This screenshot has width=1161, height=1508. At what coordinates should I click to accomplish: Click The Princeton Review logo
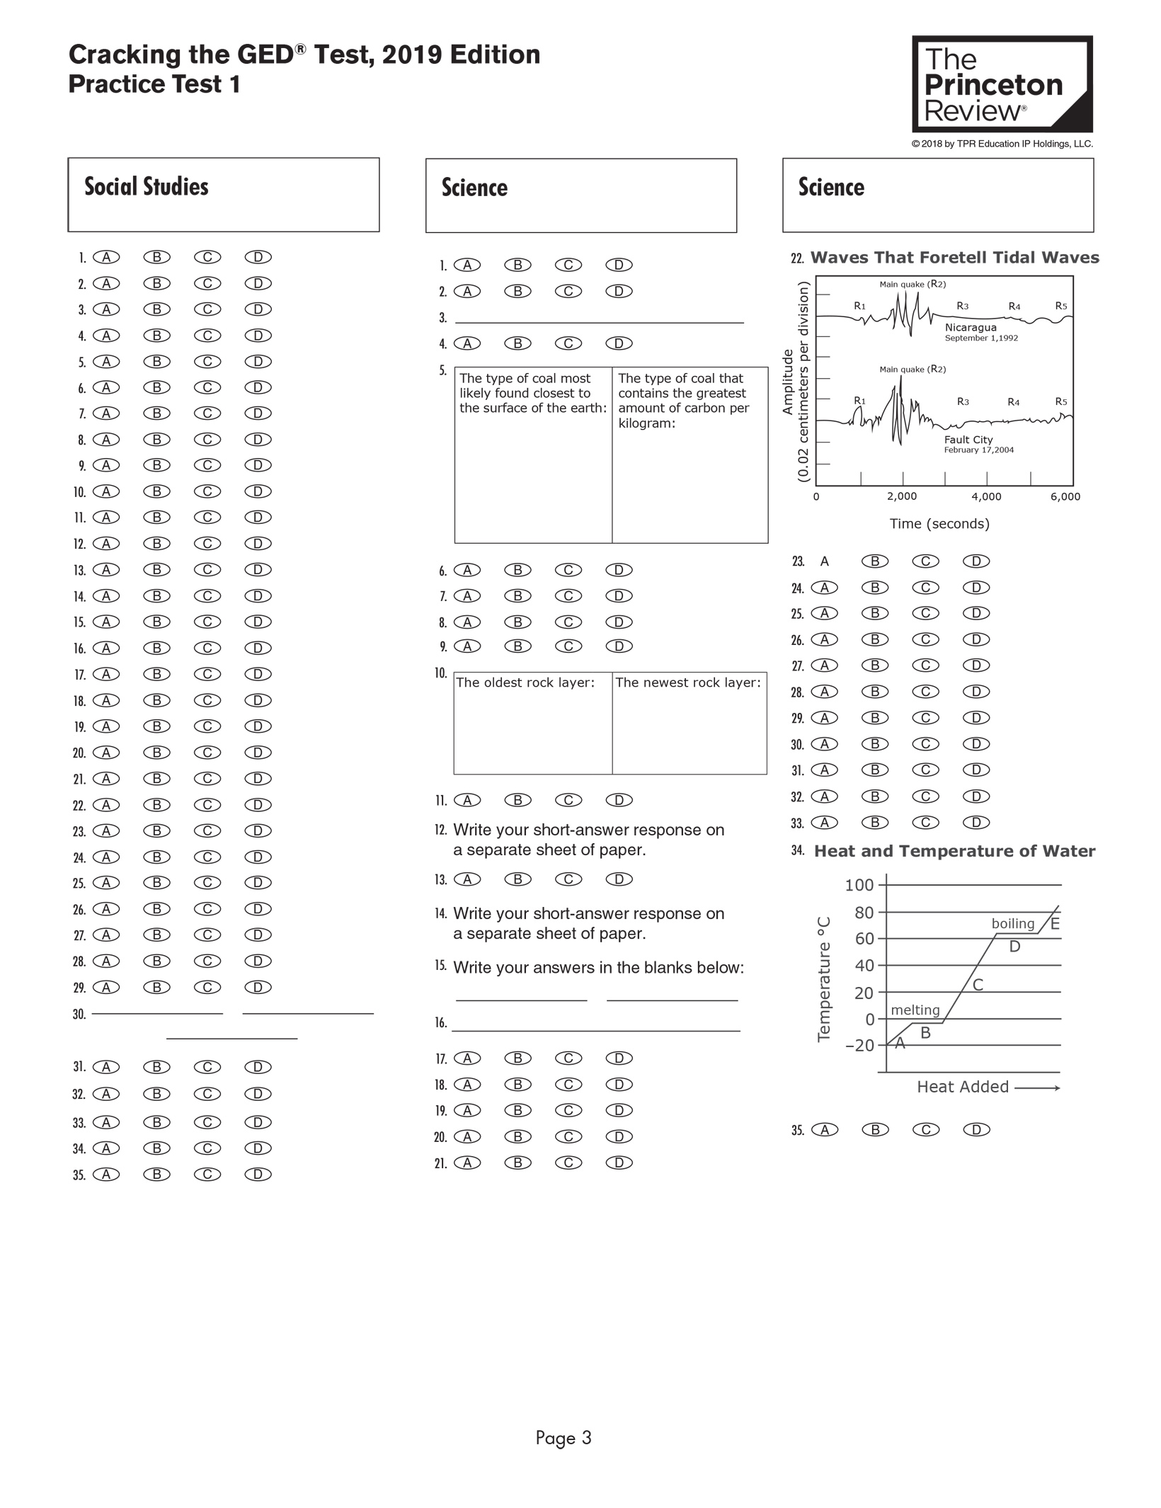pos(1001,84)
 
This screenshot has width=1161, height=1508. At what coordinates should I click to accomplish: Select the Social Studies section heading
pos(147,187)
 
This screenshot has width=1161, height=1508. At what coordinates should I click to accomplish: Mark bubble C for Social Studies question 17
pos(207,674)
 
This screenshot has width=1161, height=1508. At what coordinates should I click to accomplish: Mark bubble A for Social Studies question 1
pos(106,257)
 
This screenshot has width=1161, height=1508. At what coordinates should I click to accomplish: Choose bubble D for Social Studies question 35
pos(258,1174)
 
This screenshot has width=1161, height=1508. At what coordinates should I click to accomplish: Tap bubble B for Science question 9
pos(517,646)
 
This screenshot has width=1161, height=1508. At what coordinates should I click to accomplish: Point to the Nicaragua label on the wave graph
pos(970,328)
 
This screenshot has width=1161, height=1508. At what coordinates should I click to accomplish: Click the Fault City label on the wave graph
pos(968,440)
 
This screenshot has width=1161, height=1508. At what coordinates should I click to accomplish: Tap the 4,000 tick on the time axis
pos(986,497)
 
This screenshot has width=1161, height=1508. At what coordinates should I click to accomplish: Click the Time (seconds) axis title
pos(939,524)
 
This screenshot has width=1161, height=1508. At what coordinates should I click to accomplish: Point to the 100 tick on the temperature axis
pos(859,885)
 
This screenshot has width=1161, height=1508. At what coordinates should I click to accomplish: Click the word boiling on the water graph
pos(1012,924)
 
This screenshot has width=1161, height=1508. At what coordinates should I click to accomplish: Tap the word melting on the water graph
pos(915,1010)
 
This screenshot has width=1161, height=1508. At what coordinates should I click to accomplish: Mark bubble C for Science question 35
pos(925,1130)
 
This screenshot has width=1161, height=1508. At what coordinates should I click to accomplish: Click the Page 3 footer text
pos(563,1438)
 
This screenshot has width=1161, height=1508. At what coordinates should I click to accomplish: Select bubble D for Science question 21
pos(619,1163)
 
